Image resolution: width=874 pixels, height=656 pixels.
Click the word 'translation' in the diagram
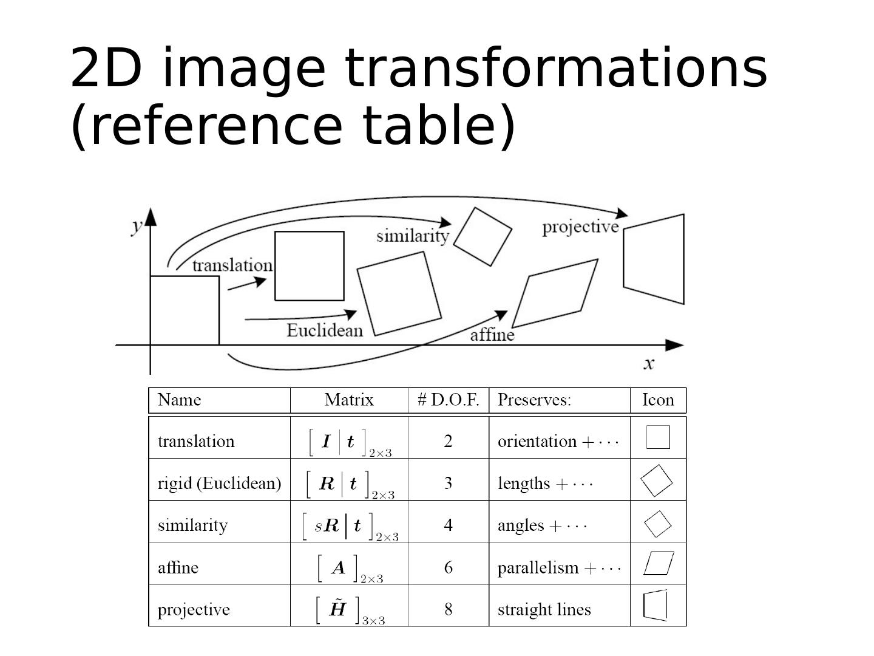[232, 265]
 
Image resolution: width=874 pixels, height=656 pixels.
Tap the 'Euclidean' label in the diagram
[325, 330]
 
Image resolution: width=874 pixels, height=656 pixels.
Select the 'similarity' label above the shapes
[413, 235]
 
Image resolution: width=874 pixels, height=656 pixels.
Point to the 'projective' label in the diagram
[580, 227]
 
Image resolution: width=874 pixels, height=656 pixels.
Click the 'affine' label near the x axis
[492, 335]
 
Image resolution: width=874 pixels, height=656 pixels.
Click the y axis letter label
[138, 225]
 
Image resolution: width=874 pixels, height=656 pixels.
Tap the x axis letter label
[649, 363]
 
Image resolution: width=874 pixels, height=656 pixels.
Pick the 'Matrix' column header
[349, 400]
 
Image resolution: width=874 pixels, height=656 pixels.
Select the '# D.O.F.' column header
[449, 400]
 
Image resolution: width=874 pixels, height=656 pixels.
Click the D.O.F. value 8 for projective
[449, 609]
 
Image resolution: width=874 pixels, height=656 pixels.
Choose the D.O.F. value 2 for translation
[449, 441]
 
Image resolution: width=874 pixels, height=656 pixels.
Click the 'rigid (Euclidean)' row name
[219, 483]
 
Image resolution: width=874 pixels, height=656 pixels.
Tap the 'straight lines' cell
[544, 609]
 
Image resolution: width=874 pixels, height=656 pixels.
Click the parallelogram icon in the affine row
[659, 563]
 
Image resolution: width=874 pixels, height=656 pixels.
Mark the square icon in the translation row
[658, 437]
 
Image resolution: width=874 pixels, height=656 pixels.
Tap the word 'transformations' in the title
[555, 68]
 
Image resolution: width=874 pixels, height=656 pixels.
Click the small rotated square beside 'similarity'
[483, 236]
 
